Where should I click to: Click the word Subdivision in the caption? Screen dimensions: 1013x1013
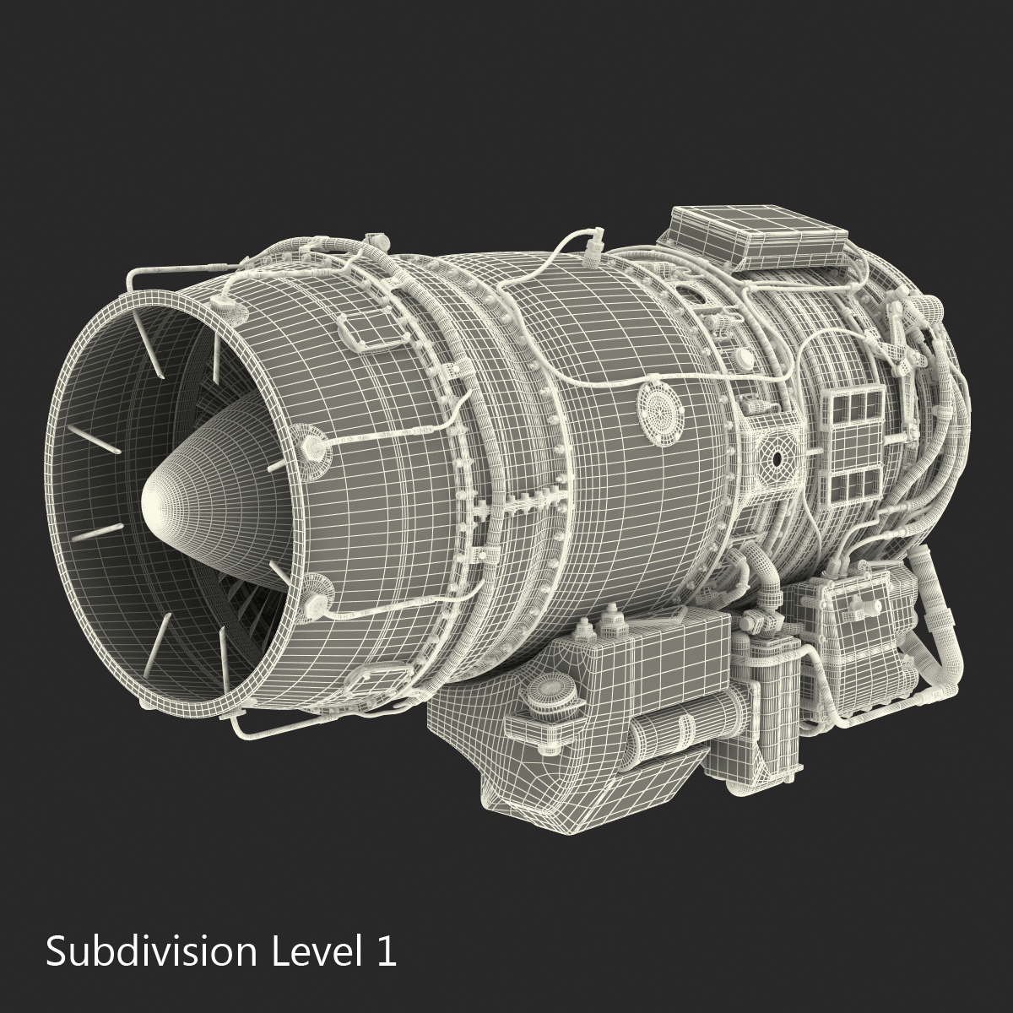(x=150, y=951)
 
